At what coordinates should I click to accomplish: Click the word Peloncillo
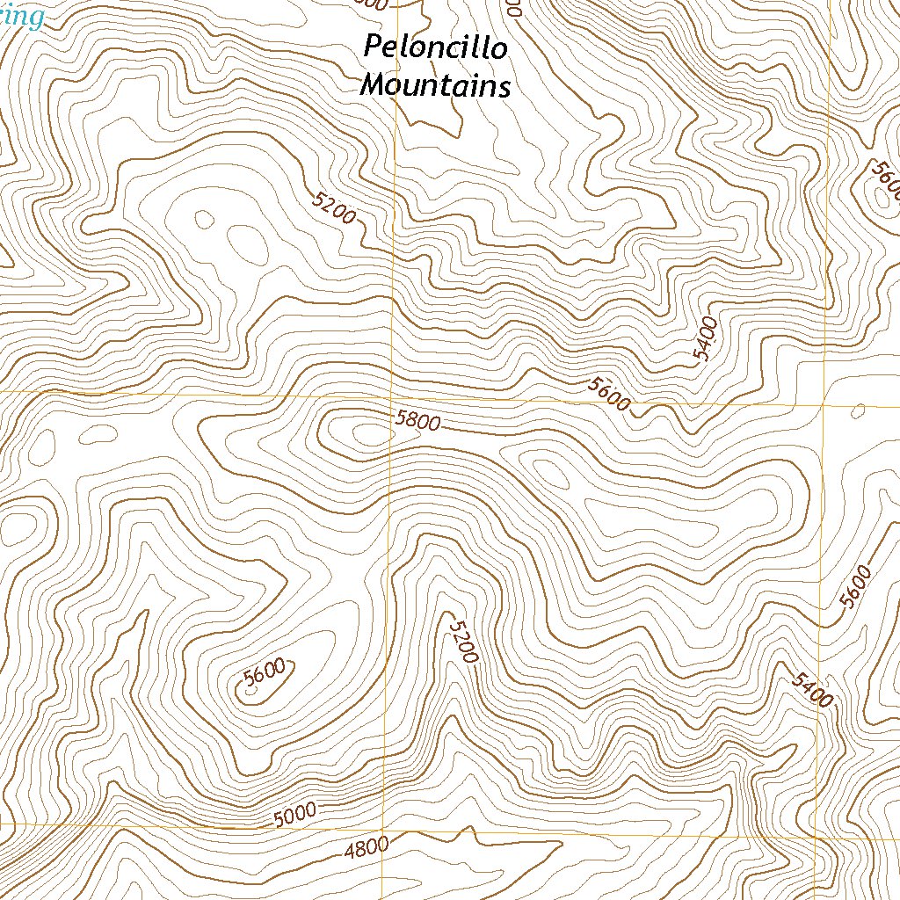click(x=436, y=47)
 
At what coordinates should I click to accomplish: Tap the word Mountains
click(x=436, y=86)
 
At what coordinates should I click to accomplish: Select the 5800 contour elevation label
click(x=417, y=421)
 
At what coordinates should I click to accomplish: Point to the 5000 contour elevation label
click(x=294, y=817)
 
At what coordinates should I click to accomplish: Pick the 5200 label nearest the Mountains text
click(x=334, y=207)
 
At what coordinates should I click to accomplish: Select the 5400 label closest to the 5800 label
click(x=706, y=339)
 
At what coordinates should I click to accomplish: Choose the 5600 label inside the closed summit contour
click(x=265, y=672)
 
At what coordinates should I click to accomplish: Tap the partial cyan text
click(x=21, y=16)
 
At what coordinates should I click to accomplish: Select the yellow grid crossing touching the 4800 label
click(x=383, y=826)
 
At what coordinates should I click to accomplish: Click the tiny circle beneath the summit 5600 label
click(x=251, y=691)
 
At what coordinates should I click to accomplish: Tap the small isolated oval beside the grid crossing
click(x=859, y=409)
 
